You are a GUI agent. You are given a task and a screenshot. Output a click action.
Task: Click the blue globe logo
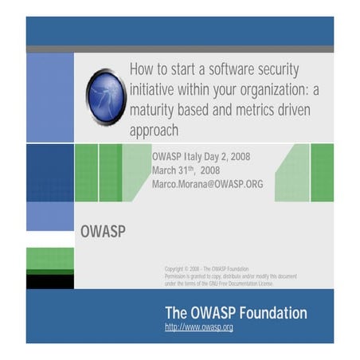pyautogui.click(x=106, y=96)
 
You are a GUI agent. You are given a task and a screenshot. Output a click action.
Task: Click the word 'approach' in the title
pyautogui.click(x=154, y=129)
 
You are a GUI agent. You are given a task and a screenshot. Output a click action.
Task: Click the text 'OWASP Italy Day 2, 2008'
pyautogui.click(x=201, y=156)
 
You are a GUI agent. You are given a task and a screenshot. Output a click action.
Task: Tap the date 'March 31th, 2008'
pyautogui.click(x=186, y=170)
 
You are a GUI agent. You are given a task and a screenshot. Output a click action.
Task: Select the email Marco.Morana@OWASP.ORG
pyautogui.click(x=207, y=184)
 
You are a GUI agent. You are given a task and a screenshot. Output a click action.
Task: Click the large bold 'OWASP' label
pyautogui.click(x=103, y=233)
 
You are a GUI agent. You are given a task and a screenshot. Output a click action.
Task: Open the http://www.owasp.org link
pyautogui.click(x=199, y=327)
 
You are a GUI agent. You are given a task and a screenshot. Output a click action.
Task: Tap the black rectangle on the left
pyautogui.click(x=49, y=281)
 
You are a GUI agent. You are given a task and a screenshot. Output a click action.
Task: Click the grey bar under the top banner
pyautogui.click(x=179, y=49)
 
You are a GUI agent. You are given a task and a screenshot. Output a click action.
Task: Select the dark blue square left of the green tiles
pyautogui.click(x=49, y=172)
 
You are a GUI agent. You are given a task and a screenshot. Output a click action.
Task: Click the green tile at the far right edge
pyautogui.click(x=322, y=172)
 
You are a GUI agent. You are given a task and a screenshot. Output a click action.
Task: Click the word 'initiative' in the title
pyautogui.click(x=156, y=88)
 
